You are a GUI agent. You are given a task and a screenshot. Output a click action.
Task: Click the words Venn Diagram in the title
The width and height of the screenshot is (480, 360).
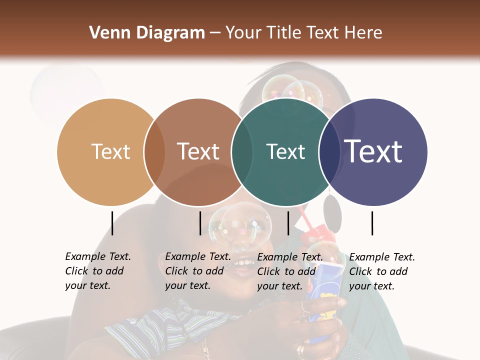point(146,33)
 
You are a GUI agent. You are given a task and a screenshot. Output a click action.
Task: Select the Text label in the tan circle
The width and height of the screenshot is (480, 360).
point(111,151)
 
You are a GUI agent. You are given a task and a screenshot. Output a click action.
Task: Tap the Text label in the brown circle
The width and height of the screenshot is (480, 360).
point(198,151)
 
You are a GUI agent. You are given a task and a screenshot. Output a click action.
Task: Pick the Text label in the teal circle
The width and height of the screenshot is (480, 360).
point(285,151)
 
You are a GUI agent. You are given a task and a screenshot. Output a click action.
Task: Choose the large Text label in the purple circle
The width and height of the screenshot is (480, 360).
point(373,151)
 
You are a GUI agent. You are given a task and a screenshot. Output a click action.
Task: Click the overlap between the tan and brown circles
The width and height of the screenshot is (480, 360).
point(154,152)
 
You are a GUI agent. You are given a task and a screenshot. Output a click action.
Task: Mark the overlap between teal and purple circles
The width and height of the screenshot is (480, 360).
point(329,152)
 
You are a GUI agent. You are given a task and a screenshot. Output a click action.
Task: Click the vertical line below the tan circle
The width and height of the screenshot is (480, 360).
point(112,223)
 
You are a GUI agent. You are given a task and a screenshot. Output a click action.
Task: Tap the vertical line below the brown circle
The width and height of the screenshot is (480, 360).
point(200,223)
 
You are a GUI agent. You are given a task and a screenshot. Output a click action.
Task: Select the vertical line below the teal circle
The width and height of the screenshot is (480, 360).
point(288,223)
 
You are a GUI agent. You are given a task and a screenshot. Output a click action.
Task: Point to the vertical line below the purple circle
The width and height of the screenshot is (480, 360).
point(372,223)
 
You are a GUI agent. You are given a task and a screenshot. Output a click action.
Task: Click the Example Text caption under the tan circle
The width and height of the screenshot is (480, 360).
point(97,271)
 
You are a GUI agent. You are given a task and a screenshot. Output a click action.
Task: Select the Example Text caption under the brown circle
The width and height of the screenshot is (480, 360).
point(197,271)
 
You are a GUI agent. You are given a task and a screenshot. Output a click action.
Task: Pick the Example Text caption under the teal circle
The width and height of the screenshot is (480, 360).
point(289,271)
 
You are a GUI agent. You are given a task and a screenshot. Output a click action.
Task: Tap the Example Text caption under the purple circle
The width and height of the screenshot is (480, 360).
point(381,271)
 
